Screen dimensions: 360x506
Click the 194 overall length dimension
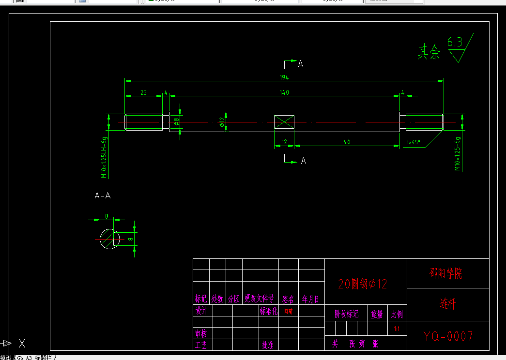tap(284, 77)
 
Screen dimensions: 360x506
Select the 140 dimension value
tap(284, 92)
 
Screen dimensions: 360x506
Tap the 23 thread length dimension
tap(144, 92)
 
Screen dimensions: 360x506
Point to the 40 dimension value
tap(347, 142)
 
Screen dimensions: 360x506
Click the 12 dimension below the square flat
tap(284, 142)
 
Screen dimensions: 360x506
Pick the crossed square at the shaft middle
tap(284, 122)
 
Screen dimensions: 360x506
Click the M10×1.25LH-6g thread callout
tap(104, 157)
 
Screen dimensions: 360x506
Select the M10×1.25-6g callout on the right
tap(457, 153)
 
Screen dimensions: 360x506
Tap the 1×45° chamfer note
tap(413, 142)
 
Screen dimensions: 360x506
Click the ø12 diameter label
tap(222, 121)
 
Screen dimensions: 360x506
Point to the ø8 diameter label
tap(177, 121)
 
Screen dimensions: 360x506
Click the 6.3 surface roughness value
tap(455, 42)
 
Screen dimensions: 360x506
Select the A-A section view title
tap(103, 196)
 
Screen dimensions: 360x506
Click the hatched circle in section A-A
tap(110, 239)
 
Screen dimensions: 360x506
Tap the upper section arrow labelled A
tap(300, 63)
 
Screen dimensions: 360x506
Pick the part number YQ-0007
tap(448, 336)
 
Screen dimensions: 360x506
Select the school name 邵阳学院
tap(446, 274)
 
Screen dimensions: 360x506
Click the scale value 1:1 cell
tap(397, 329)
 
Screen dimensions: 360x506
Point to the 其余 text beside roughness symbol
tap(429, 52)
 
